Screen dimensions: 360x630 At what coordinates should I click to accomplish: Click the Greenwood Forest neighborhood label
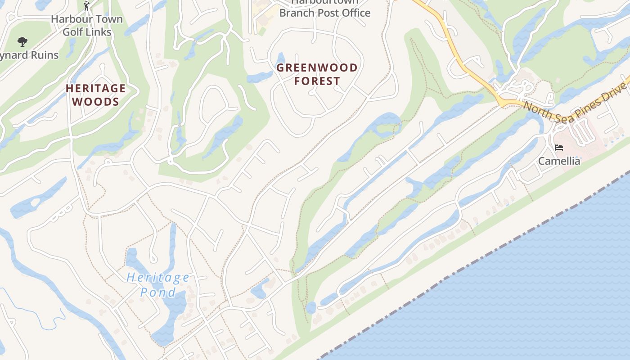point(317,74)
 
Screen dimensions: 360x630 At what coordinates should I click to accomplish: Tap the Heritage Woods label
point(95,94)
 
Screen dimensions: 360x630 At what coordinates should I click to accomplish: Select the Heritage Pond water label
point(158,285)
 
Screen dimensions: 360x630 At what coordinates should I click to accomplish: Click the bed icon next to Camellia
point(559,148)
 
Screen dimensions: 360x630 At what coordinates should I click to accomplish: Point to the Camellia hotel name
point(559,161)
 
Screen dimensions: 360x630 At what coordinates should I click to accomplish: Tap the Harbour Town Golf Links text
point(87,26)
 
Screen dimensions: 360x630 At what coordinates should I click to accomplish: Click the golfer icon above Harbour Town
point(87,6)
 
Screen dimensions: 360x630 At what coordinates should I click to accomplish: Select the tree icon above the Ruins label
point(22,42)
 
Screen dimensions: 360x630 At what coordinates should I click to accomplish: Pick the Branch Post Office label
point(325,13)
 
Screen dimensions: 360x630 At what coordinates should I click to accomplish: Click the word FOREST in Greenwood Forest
point(317,81)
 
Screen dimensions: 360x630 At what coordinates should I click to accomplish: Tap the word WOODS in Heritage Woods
point(95,102)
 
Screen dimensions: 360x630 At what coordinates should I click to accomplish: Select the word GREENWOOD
point(317,68)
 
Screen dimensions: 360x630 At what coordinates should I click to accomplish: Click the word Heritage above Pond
point(158,277)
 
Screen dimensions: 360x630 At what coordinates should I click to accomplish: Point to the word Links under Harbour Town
point(99,32)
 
